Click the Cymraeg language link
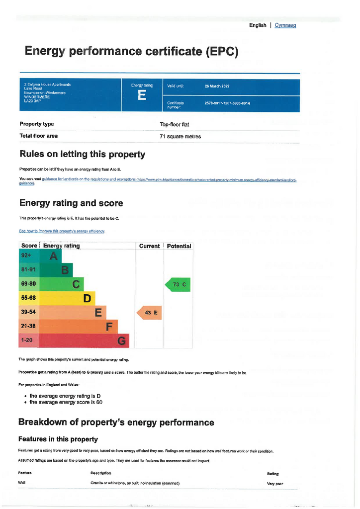click(x=285, y=25)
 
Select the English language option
click(x=258, y=25)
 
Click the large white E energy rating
click(x=142, y=95)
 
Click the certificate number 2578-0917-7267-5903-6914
click(x=227, y=103)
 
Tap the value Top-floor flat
click(x=175, y=125)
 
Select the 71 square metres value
click(x=180, y=136)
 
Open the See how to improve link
click(x=62, y=231)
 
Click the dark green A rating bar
click(x=49, y=256)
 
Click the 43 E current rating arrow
click(x=149, y=313)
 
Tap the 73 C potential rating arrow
click(x=178, y=285)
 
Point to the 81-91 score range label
click(x=28, y=270)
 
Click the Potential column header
click(x=179, y=246)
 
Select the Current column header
click(x=149, y=246)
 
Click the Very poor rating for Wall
click(x=275, y=484)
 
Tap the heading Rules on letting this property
click(x=82, y=155)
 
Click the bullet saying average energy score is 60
click(x=66, y=403)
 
